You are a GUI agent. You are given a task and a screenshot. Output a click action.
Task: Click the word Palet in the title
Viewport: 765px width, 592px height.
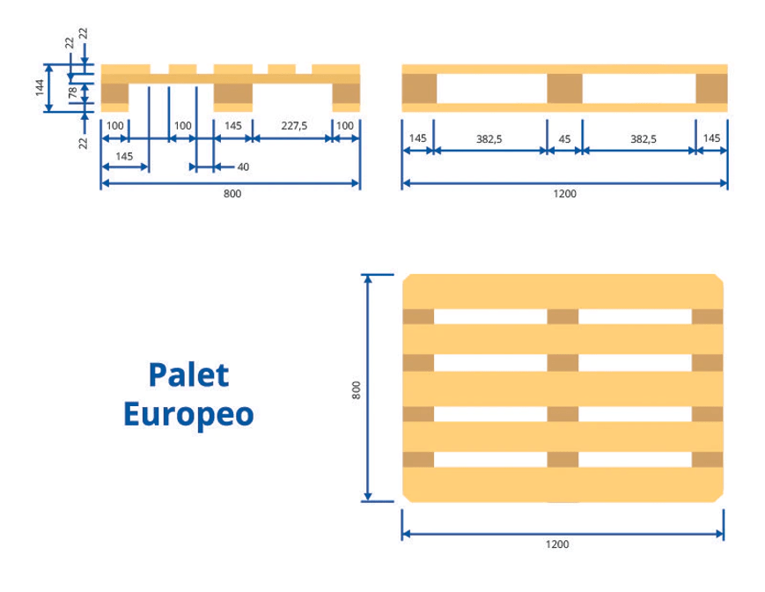pos(188,374)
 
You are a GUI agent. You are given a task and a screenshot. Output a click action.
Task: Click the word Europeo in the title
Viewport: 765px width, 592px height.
pos(188,413)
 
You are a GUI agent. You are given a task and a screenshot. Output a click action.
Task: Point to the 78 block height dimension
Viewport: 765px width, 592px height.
pos(72,91)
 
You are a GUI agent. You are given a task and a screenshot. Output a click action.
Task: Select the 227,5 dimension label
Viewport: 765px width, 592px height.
pos(293,126)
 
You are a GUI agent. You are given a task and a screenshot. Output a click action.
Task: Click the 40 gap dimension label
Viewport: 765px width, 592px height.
pos(243,166)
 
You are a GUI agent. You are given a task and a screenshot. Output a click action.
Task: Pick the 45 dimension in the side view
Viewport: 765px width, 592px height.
pos(564,138)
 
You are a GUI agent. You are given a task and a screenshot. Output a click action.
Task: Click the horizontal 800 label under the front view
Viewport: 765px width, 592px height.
pos(232,194)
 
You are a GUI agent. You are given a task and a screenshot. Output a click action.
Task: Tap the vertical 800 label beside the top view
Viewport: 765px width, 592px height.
pos(357,389)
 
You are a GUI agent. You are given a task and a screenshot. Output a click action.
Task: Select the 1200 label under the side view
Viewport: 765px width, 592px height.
pos(564,194)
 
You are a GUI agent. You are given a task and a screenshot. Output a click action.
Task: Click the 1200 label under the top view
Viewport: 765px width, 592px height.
pos(557,544)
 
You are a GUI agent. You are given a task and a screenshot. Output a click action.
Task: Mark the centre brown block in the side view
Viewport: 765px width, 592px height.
pos(564,89)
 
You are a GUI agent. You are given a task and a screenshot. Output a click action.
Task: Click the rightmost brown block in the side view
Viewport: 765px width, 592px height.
pos(711,89)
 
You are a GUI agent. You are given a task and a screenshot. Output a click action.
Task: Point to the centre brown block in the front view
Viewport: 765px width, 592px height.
pos(233,93)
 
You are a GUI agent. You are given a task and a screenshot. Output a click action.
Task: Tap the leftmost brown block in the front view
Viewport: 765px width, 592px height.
pos(115,93)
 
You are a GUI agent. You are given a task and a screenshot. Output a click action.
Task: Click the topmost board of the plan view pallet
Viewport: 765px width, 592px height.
pos(563,292)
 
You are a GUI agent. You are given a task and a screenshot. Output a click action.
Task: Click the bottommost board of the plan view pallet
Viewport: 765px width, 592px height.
pos(563,485)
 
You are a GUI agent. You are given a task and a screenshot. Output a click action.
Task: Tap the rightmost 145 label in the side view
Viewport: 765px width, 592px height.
pos(711,138)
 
